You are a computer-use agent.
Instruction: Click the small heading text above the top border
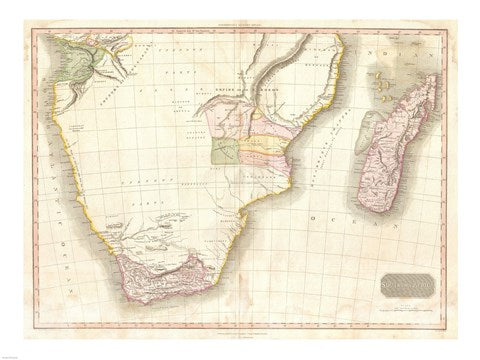240,24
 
